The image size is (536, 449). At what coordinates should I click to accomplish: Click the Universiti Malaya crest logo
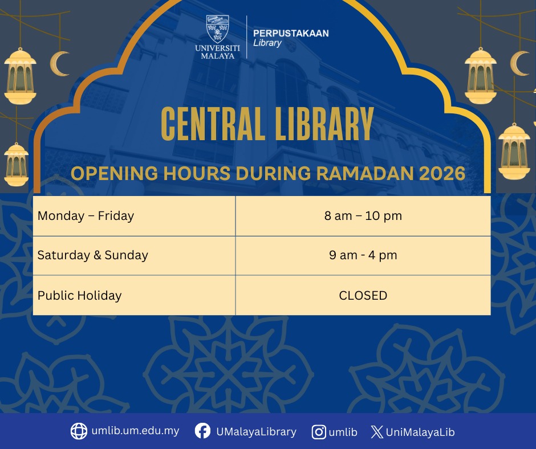coord(217,29)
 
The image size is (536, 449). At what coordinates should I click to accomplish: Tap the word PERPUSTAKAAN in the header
coord(291,34)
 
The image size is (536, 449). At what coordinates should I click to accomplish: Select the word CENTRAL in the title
coord(212,124)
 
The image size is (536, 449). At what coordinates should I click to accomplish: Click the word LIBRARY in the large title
coord(324,124)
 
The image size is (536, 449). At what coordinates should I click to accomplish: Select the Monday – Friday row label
coord(86,216)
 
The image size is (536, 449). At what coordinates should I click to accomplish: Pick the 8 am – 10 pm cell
coord(363,216)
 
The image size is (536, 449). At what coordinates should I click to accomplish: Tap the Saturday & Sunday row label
coord(92,255)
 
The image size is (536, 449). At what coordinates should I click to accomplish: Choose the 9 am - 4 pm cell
coord(363,255)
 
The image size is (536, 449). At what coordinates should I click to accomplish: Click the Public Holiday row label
coord(80,296)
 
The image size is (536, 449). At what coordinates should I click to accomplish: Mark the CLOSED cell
coord(363,296)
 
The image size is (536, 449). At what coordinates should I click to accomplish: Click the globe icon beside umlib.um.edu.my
coord(79,431)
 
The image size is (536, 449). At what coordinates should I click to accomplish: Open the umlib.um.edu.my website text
coord(135,431)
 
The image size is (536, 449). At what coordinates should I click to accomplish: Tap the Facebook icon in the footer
coord(202,431)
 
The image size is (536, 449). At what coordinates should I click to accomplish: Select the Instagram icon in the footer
coord(319,432)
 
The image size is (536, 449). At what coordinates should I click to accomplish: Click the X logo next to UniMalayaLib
coord(377,432)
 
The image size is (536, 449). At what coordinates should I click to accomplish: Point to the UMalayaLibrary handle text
coord(257,432)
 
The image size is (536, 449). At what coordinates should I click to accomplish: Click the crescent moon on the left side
coord(60,64)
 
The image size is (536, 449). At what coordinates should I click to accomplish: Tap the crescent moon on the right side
coord(520,64)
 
